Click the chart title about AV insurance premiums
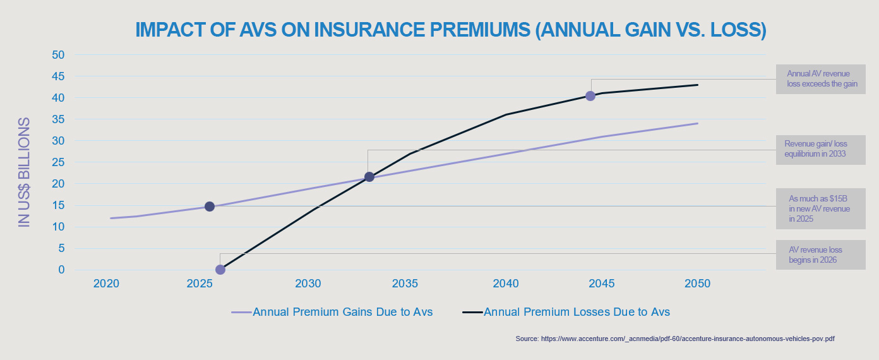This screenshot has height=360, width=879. pyautogui.click(x=451, y=30)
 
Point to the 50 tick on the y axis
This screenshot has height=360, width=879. pyautogui.click(x=58, y=55)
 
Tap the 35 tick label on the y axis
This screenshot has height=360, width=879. pyautogui.click(x=58, y=119)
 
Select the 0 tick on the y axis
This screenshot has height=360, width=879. pyautogui.click(x=61, y=270)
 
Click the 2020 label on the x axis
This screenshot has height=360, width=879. pyautogui.click(x=106, y=284)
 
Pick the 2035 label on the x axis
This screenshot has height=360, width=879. pyautogui.click(x=405, y=284)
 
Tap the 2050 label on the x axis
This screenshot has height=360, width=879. pyautogui.click(x=697, y=284)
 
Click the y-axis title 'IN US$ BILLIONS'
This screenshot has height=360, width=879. pyautogui.click(x=24, y=172)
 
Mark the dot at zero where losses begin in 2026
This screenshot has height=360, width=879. pyautogui.click(x=220, y=270)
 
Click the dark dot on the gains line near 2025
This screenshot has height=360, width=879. pyautogui.click(x=210, y=207)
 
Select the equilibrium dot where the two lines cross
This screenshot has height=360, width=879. pyautogui.click(x=369, y=177)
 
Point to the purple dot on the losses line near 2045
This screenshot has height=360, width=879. pyautogui.click(x=590, y=96)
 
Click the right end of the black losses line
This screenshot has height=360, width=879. pyautogui.click(x=697, y=85)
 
